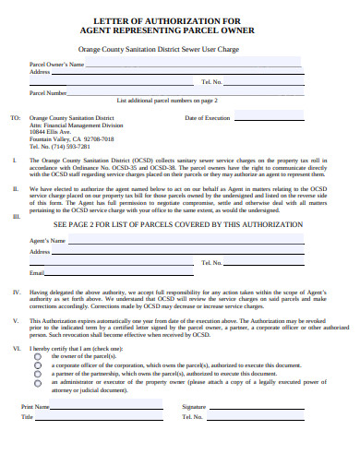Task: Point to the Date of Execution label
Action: (x=208, y=118)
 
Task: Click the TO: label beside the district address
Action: (x=14, y=118)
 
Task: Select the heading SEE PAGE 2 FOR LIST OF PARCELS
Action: (x=178, y=224)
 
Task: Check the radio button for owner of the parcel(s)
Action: (x=38, y=355)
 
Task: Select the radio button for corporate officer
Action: (x=38, y=364)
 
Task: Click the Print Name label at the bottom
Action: (x=34, y=406)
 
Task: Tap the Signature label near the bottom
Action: (x=194, y=406)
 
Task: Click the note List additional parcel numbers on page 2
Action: (x=167, y=100)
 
